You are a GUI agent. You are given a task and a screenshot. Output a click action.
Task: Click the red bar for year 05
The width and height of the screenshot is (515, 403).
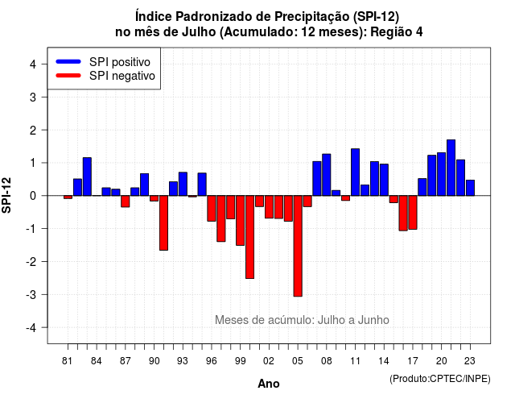tap(298, 246)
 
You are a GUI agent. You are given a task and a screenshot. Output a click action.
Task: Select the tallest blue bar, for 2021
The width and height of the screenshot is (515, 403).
tap(451, 168)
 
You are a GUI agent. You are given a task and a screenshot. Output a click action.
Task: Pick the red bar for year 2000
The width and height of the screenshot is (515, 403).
tap(249, 237)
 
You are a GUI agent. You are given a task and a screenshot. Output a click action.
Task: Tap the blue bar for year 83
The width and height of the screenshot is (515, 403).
tap(87, 177)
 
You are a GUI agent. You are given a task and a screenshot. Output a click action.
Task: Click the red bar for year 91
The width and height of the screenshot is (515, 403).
tap(163, 223)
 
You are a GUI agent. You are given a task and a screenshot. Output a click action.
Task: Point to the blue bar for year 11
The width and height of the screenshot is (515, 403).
tap(355, 172)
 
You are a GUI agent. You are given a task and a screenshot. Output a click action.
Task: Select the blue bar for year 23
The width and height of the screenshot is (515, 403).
tap(470, 188)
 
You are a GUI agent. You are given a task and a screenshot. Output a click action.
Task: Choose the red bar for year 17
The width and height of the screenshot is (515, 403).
tap(413, 213)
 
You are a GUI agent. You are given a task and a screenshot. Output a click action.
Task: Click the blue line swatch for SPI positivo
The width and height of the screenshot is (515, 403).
tap(68, 61)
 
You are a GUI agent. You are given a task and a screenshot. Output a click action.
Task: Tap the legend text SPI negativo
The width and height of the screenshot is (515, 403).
tap(122, 76)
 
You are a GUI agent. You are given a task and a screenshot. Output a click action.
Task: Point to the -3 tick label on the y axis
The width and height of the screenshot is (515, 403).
tap(31, 295)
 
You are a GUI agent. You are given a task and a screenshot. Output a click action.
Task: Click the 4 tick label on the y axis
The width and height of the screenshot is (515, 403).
tap(33, 64)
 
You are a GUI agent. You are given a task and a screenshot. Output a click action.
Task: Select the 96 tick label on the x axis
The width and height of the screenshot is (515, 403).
tap(211, 361)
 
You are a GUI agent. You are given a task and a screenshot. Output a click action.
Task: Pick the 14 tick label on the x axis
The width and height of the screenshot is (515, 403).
tap(384, 361)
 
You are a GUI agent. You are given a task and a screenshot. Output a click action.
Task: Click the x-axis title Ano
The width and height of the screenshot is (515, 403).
tap(269, 384)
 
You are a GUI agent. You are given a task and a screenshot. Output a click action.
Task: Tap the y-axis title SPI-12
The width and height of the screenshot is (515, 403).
tap(6, 195)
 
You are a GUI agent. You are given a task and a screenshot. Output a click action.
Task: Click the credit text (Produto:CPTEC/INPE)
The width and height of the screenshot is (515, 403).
tap(440, 379)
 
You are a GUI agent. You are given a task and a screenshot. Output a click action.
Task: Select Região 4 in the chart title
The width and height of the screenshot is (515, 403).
tap(397, 32)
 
